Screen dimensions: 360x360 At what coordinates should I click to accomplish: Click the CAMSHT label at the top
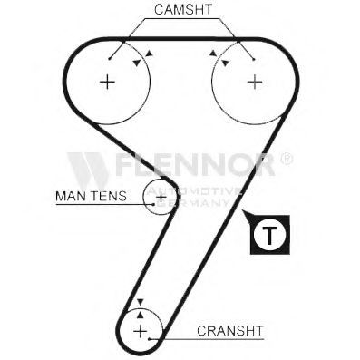[183, 10]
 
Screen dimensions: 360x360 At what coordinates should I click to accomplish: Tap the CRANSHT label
[230, 331]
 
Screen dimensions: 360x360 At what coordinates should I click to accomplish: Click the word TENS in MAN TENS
[109, 196]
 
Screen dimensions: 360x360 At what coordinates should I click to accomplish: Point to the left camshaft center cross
[107, 82]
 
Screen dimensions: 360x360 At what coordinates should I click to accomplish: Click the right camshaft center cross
[255, 82]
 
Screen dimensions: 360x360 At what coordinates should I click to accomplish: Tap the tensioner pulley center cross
[161, 198]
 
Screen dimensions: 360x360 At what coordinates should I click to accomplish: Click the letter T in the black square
[269, 235]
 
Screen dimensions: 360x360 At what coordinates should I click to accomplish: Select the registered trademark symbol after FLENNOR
[287, 159]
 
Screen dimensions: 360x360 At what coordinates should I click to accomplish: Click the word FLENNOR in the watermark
[195, 164]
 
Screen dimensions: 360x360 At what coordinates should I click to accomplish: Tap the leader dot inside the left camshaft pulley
[110, 58]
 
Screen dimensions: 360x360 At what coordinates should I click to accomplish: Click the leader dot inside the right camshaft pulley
[254, 59]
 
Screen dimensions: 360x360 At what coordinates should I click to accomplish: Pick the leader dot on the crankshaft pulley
[150, 339]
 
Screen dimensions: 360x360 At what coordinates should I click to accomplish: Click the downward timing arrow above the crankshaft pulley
[140, 302]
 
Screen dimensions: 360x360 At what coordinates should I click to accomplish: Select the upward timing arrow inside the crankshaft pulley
[140, 315]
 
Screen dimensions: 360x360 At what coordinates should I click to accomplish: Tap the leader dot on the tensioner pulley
[153, 204]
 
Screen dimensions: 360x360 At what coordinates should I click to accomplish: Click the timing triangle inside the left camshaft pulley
[137, 63]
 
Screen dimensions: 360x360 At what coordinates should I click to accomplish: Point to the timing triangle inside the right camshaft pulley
[225, 63]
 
